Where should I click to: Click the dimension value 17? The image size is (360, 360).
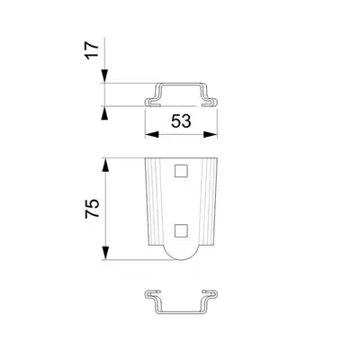point(93,50)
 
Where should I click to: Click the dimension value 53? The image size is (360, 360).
point(181,121)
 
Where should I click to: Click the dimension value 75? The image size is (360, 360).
point(93,208)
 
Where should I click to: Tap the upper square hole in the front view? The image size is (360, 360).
point(181,171)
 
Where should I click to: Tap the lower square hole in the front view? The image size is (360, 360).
point(181,230)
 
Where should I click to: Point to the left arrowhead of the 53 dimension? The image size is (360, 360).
point(152,135)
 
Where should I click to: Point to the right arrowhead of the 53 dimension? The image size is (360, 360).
point(211,135)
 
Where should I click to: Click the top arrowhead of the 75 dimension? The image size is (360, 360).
point(104,165)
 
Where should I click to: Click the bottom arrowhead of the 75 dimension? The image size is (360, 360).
point(104,253)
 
